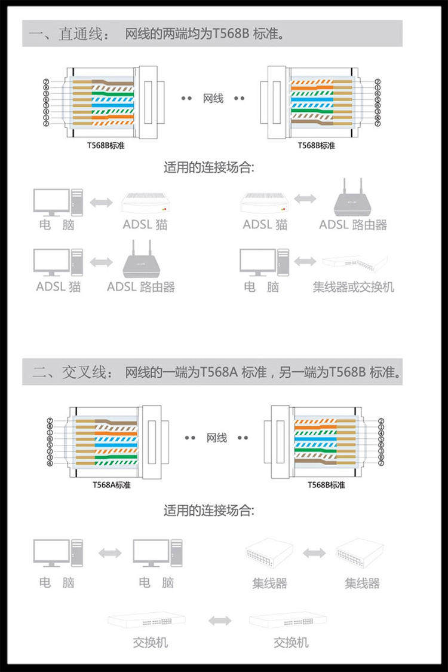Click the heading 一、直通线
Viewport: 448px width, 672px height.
tap(69, 34)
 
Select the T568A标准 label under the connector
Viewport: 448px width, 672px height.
tap(111, 484)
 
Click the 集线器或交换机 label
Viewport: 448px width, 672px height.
tap(353, 287)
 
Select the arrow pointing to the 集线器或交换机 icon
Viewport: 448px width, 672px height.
tap(305, 261)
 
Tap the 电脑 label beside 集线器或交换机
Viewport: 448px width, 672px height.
tap(261, 287)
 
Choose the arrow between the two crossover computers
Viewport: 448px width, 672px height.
tap(109, 553)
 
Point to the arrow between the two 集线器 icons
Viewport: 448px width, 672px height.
tap(314, 553)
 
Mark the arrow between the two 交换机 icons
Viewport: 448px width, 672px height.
tap(220, 621)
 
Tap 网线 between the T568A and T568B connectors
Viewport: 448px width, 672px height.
tap(216, 438)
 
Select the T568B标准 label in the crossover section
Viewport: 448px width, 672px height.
tap(326, 484)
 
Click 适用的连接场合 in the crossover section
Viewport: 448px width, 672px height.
tap(209, 511)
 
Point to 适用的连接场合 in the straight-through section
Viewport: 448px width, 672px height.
tap(209, 167)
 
